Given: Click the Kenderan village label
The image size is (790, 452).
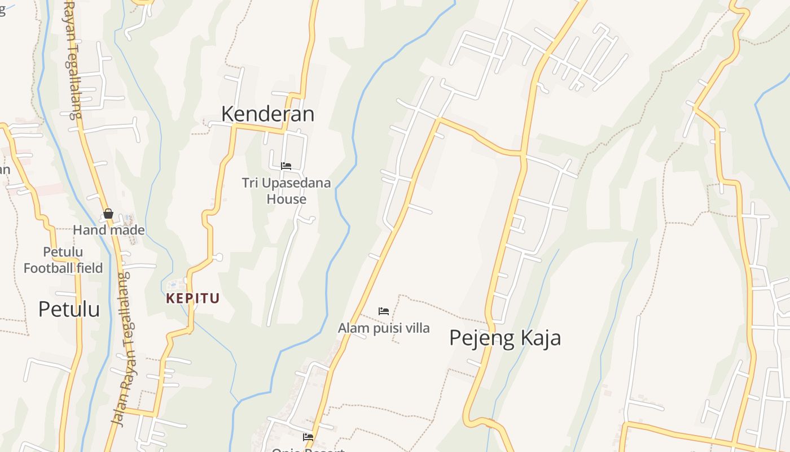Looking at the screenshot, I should pos(267,114).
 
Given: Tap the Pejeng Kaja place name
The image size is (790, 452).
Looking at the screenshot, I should pos(504,338).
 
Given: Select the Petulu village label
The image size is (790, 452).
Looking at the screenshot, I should pos(69,309).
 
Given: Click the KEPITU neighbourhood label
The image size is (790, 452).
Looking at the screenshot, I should pos(192,298).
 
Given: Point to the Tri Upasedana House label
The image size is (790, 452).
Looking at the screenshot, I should pos(286,191).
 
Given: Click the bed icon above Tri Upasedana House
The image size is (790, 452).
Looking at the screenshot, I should pos(286,166).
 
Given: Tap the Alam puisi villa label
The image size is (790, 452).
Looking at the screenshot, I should pos(383,328).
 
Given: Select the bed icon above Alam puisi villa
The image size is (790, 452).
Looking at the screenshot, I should pos(384,311).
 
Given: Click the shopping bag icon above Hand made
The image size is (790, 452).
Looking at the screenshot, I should pos(108,214).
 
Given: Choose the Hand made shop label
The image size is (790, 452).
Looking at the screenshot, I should pos(109,230).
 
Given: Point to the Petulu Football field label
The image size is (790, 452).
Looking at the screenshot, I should pos(63,260).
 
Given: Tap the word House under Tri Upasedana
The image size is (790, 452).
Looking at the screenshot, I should pos(286,199).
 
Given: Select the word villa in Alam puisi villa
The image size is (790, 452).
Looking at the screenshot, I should pos(416,328).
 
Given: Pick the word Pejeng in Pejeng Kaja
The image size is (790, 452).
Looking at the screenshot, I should pos(481,338).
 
